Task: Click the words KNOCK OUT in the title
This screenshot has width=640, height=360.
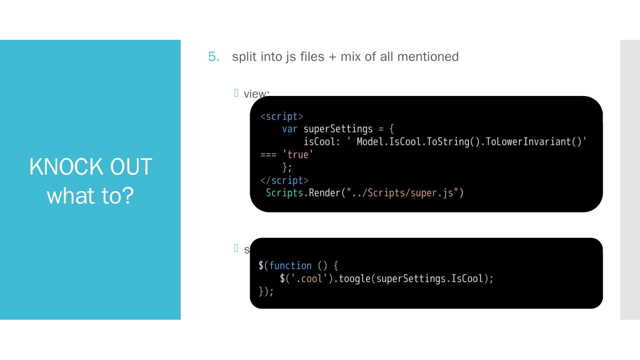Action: coord(91,167)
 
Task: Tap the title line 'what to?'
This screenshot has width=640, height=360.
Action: coord(91,196)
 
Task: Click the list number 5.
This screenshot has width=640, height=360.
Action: coord(213,57)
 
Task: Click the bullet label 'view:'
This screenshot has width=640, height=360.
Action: coord(256,94)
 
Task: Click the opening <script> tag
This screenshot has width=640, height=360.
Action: coord(282,116)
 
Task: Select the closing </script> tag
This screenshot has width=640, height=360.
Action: coord(284,180)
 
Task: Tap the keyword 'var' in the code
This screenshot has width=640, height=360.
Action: coord(290,129)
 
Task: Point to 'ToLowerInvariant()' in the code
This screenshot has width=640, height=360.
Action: coord(533,142)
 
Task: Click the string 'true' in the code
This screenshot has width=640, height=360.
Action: coord(298,155)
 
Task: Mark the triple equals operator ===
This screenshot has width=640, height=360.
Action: coord(268,155)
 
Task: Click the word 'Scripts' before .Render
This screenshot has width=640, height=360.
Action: coord(284,193)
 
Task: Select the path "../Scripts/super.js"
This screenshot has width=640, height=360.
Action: coord(402,193)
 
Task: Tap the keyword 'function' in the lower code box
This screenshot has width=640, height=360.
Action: coord(291,266)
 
